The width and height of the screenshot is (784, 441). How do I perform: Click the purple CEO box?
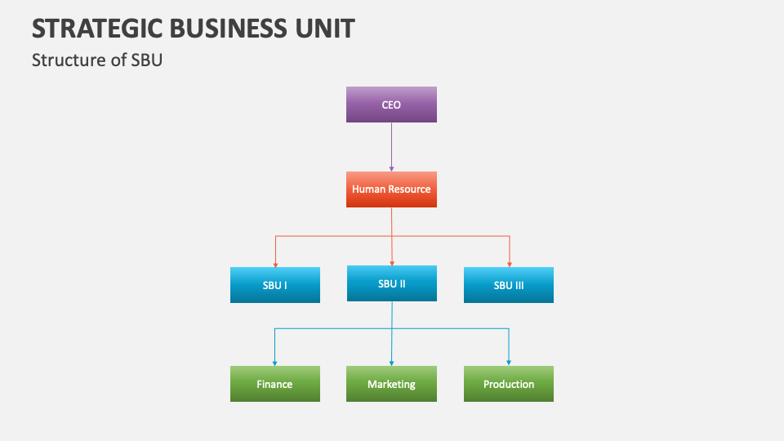(391, 105)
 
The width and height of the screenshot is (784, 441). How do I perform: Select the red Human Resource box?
(391, 189)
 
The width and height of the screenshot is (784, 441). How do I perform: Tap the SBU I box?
(274, 285)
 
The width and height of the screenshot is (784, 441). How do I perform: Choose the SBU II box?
(391, 283)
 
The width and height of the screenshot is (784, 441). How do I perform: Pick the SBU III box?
(508, 285)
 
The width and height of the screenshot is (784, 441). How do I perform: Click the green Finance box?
(274, 384)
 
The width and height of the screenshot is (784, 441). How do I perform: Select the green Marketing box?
(391, 384)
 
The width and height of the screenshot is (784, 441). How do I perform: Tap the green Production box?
(508, 384)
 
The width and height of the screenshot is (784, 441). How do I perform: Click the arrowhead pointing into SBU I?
(275, 264)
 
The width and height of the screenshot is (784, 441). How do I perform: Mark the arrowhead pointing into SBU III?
(509, 264)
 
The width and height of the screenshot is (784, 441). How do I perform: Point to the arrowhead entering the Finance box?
(275, 363)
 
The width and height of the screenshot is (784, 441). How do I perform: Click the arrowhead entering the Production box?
(509, 363)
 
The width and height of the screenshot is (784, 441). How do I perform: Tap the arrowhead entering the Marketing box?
(392, 363)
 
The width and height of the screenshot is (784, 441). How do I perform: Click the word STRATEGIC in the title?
(96, 29)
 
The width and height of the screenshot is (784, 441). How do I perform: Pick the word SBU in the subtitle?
(147, 60)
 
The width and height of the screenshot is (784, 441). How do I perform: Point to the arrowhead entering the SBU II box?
(392, 263)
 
